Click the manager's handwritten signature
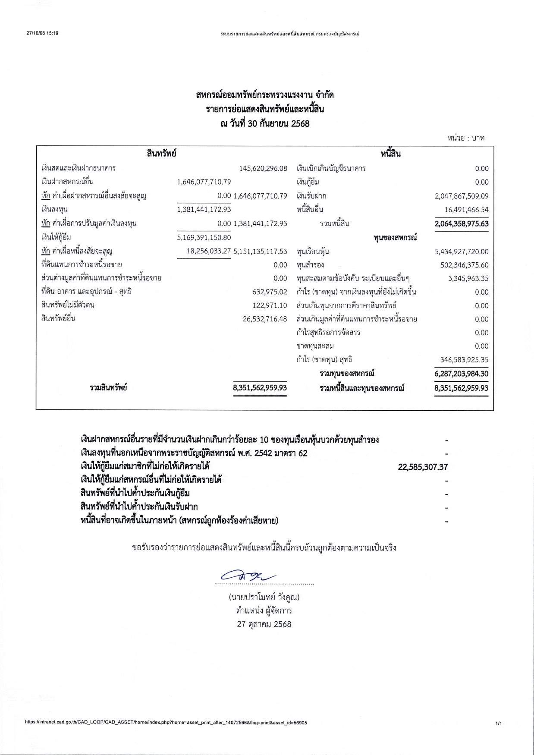pos(248,576)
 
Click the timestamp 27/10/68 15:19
pos(42,33)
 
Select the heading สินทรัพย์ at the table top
pos(161,153)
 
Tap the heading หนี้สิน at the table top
pos(391,153)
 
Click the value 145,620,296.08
pos(263,168)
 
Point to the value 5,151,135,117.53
pos(260,251)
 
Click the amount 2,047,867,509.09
pos(462,196)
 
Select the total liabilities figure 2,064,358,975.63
pos(462,223)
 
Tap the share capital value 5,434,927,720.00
pos(462,252)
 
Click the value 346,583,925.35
pos(464,359)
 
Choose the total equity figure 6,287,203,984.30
pos(462,374)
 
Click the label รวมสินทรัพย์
pos(108,387)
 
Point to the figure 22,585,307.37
pos(423,467)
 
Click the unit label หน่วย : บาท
pos(466,138)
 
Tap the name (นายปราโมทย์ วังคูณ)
pos(264,597)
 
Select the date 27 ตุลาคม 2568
pos(264,624)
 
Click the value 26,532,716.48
pos(265,319)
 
